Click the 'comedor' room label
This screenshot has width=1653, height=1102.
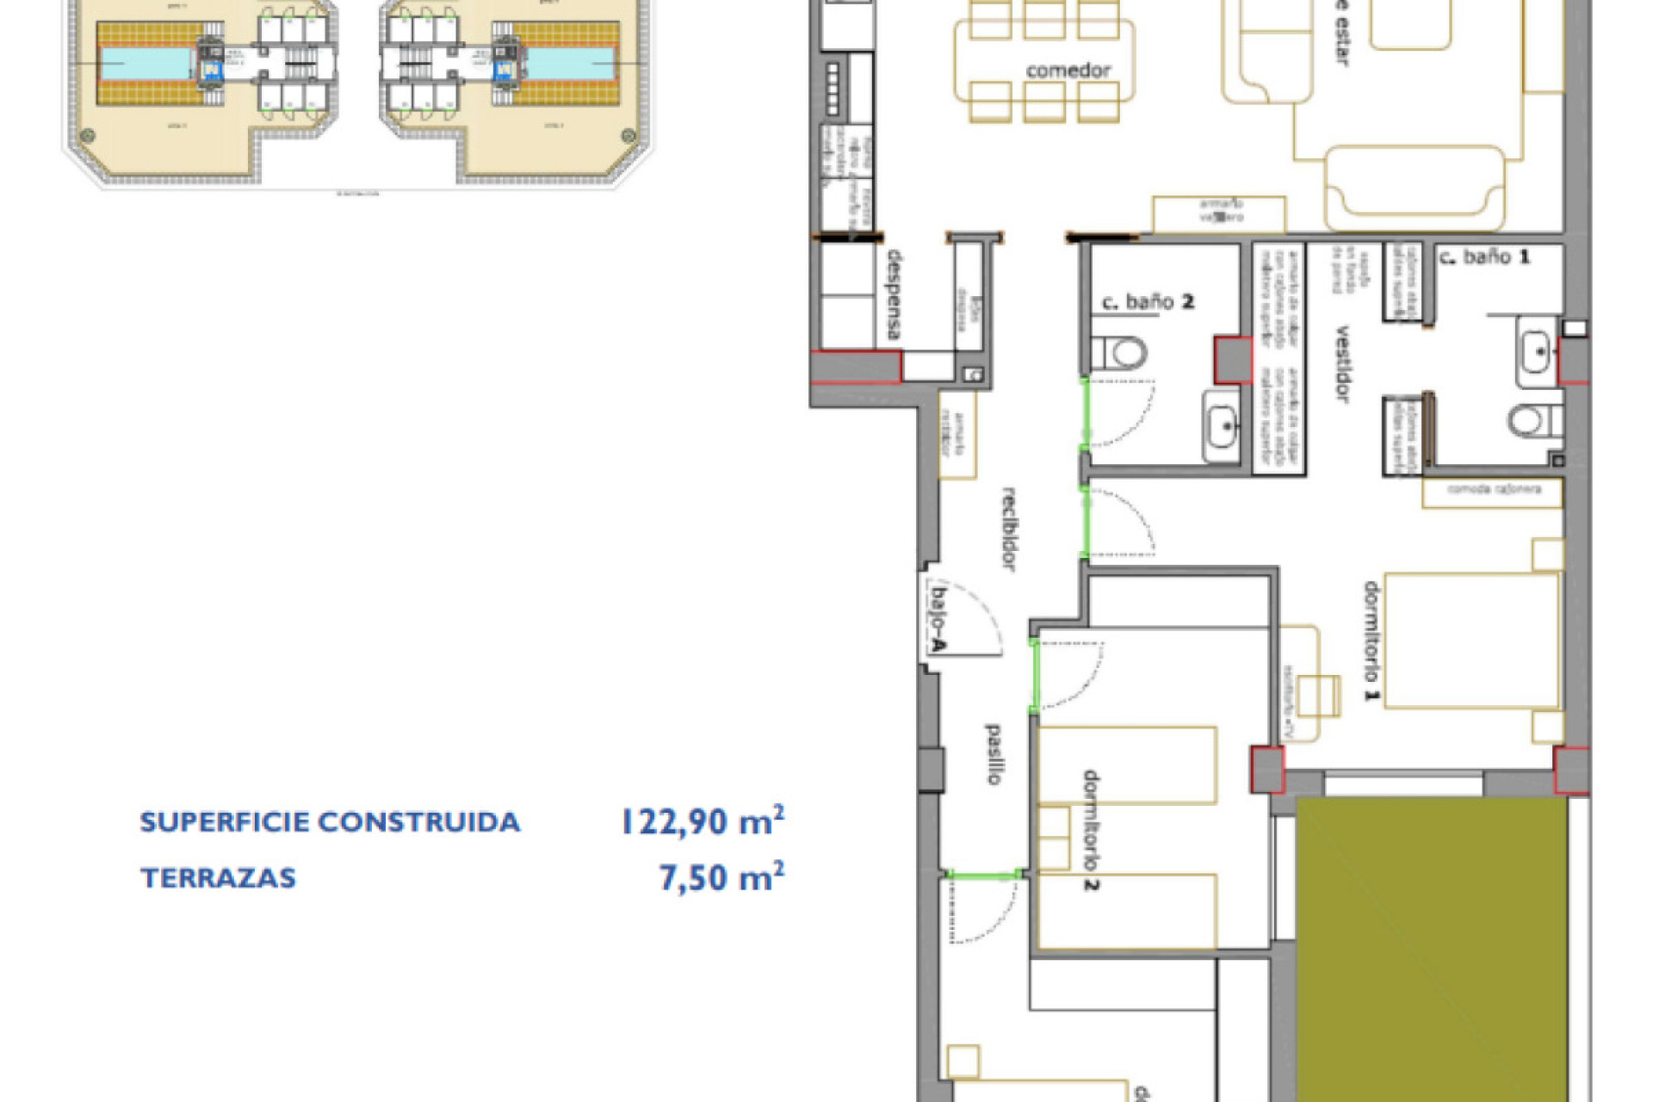coord(1068,71)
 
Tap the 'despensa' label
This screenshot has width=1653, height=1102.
coord(895,294)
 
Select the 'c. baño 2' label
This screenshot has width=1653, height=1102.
coord(1148,302)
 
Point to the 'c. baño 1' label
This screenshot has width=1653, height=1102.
coord(1484,257)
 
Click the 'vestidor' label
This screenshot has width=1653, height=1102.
coord(1341,363)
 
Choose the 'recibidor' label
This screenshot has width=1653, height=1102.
coord(1010,529)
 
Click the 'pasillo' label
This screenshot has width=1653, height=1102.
coord(993,754)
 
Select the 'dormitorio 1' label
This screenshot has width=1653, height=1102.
coord(1371,641)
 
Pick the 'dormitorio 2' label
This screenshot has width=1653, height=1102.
coord(1091,831)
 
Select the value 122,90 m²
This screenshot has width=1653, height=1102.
coord(702,821)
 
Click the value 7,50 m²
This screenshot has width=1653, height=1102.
coord(721,877)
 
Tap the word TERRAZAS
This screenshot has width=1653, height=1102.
coord(219,878)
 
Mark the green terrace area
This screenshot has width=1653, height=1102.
coord(1431,947)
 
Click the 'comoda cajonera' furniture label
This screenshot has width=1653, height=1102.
coord(1494,489)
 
